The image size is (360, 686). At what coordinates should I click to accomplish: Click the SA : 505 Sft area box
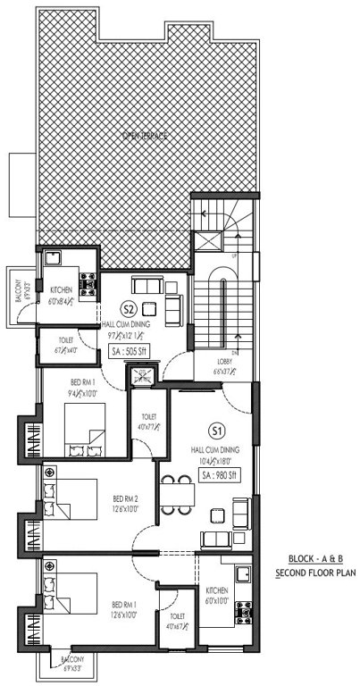pyautogui.click(x=130, y=353)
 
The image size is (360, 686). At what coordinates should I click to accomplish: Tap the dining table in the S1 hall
pyautogui.click(x=177, y=492)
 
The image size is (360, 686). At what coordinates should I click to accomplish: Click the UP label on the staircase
pyautogui.click(x=234, y=256)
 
